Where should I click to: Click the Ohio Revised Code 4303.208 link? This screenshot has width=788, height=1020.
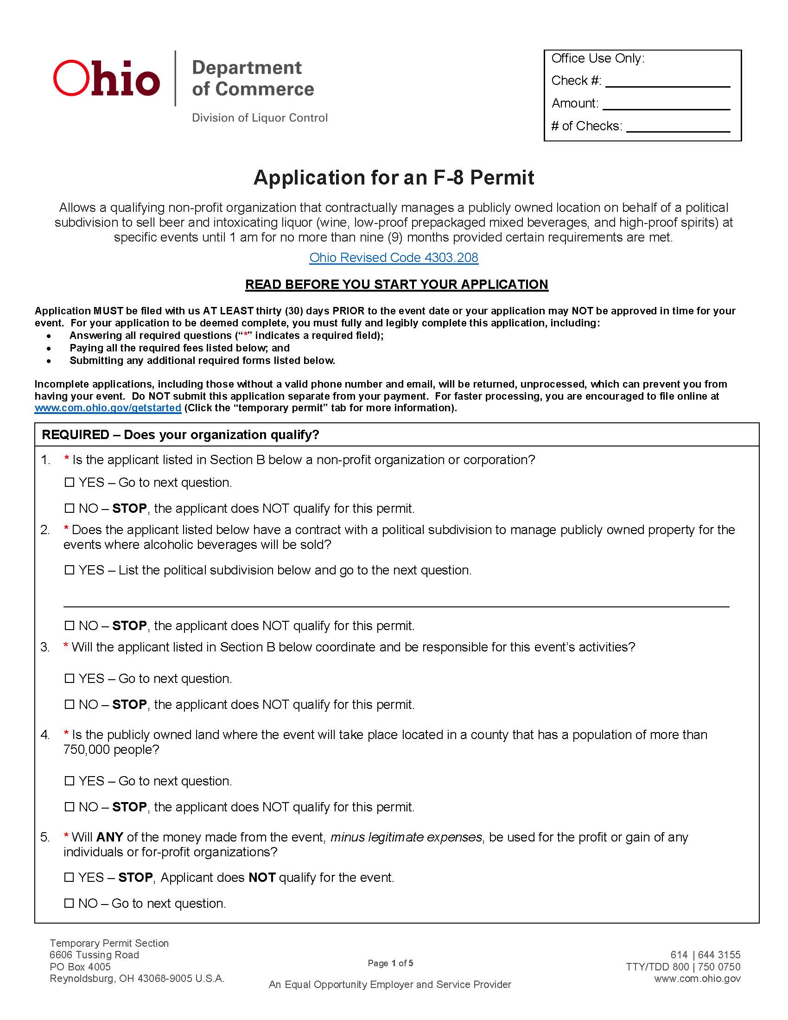[394, 257]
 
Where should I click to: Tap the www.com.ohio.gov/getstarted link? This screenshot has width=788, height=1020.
[108, 408]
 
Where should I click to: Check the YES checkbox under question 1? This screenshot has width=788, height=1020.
[70, 482]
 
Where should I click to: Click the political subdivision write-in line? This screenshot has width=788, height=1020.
[396, 600]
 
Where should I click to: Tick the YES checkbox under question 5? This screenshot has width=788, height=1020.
[69, 877]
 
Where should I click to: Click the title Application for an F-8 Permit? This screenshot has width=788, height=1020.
[394, 178]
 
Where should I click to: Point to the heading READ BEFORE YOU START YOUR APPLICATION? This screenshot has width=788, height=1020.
[396, 284]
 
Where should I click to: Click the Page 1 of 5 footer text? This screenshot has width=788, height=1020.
[390, 963]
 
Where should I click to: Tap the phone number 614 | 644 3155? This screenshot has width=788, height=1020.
[705, 955]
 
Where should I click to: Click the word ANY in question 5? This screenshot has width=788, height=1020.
[110, 837]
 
